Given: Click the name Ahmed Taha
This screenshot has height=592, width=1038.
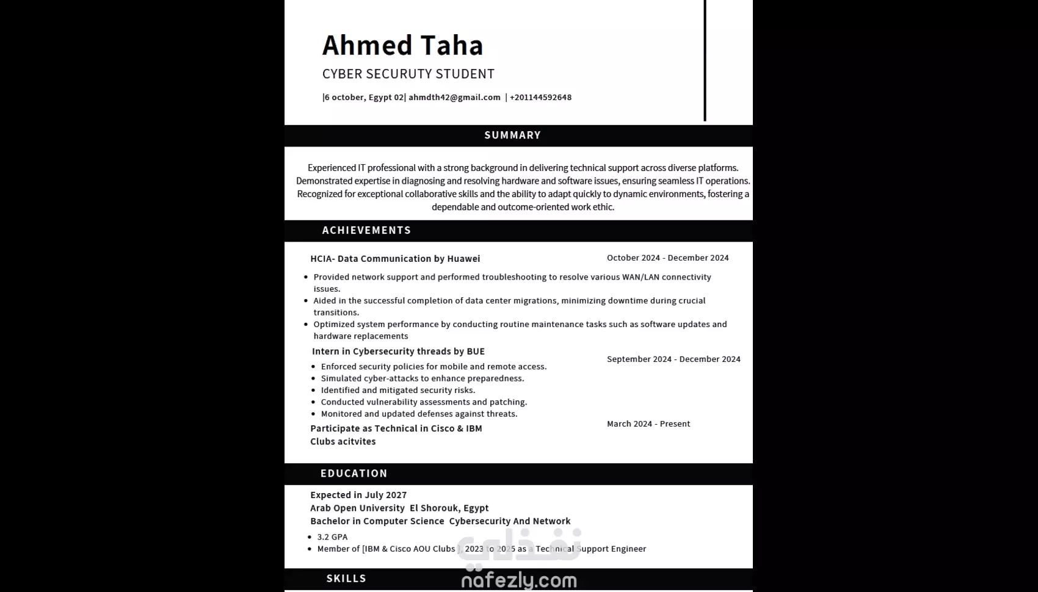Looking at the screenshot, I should (x=402, y=45).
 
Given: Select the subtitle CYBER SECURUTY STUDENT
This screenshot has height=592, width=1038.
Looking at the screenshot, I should (x=408, y=74).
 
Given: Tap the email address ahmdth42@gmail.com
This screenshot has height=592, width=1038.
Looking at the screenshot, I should (x=454, y=97).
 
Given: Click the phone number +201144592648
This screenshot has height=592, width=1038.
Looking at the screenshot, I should (x=540, y=97).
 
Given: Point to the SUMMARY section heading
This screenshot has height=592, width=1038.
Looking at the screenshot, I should (x=512, y=135).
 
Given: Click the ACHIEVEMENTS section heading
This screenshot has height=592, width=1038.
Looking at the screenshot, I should (x=366, y=230).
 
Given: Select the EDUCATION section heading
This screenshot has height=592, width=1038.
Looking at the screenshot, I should (x=354, y=473).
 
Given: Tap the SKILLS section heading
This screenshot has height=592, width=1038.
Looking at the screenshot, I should (x=346, y=578).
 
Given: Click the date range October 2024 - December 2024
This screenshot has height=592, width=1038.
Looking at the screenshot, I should (x=667, y=258).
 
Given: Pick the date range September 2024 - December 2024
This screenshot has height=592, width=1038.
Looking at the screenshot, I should (x=673, y=359).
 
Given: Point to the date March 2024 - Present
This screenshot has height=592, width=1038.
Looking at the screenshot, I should (x=648, y=424).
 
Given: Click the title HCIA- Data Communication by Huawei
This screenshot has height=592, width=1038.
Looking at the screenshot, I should (x=395, y=258).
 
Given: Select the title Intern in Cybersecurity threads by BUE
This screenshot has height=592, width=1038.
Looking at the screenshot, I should (x=398, y=351).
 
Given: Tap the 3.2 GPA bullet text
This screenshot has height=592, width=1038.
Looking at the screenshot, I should (x=332, y=536).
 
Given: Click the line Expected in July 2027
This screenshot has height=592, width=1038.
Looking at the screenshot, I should (x=358, y=495).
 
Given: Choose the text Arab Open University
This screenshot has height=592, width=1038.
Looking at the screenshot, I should (x=357, y=508).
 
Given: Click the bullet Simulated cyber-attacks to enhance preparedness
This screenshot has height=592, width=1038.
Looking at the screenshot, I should (x=422, y=378).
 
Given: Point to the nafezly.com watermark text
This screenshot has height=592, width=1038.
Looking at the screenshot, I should (x=518, y=580).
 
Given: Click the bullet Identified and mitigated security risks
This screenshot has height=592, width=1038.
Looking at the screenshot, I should (x=397, y=390).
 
